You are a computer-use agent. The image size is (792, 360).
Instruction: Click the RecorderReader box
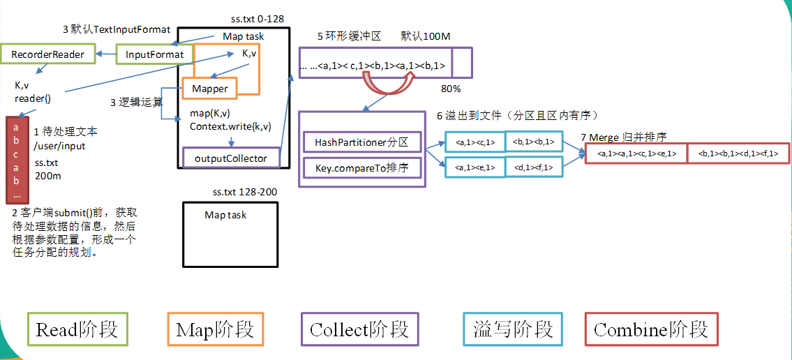pyautogui.click(x=48, y=54)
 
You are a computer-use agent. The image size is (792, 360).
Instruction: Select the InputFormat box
pyautogui.click(x=154, y=54)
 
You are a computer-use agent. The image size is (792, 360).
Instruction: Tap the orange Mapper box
pyautogui.click(x=210, y=89)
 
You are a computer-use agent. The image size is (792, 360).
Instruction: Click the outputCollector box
pyautogui.click(x=230, y=158)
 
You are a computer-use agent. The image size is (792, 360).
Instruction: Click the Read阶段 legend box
pyautogui.click(x=77, y=329)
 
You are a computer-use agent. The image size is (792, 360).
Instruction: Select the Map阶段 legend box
pyautogui.click(x=216, y=329)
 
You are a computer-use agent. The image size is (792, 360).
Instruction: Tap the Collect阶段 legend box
pyautogui.click(x=359, y=329)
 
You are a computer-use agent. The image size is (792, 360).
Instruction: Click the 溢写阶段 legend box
pyautogui.click(x=513, y=329)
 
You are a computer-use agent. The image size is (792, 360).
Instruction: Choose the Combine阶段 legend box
pyautogui.click(x=651, y=329)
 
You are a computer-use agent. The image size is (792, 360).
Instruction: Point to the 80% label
pyautogui.click(x=451, y=89)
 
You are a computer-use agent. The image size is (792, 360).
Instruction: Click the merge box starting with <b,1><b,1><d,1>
pyautogui.click(x=738, y=153)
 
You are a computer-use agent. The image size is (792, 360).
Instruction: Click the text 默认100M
pyautogui.click(x=424, y=36)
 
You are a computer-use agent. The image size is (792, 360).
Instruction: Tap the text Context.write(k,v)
pyautogui.click(x=230, y=126)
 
